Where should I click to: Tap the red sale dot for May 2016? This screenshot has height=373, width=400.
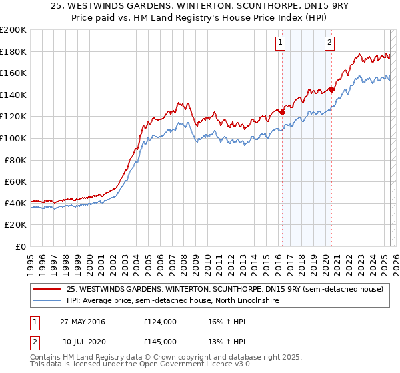point(282,113)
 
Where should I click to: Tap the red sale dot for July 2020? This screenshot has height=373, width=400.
point(331,89)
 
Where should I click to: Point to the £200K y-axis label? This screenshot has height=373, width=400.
point(13,30)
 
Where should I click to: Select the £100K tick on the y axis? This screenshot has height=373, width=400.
point(13,138)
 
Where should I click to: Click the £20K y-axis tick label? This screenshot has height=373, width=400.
point(16,225)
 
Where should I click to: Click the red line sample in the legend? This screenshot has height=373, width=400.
point(47,289)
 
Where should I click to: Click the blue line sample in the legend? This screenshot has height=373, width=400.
point(47,301)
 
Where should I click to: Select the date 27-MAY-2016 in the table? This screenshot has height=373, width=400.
point(82,322)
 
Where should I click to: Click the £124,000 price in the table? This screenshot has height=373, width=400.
point(160,322)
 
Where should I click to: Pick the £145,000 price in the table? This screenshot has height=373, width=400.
point(160,342)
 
